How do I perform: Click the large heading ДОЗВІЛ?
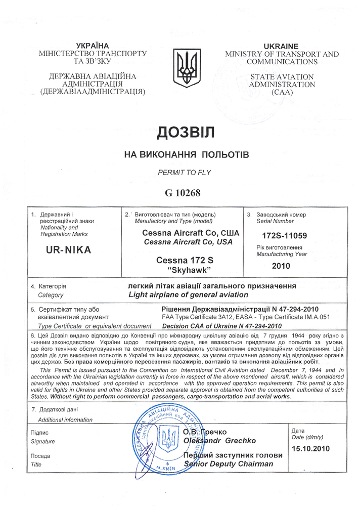[186, 132]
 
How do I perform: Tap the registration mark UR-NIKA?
[68, 249]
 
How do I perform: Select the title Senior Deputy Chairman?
[229, 463]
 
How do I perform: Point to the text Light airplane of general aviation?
[189, 294]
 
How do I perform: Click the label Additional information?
[65, 419]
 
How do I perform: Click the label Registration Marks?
[64, 234]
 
